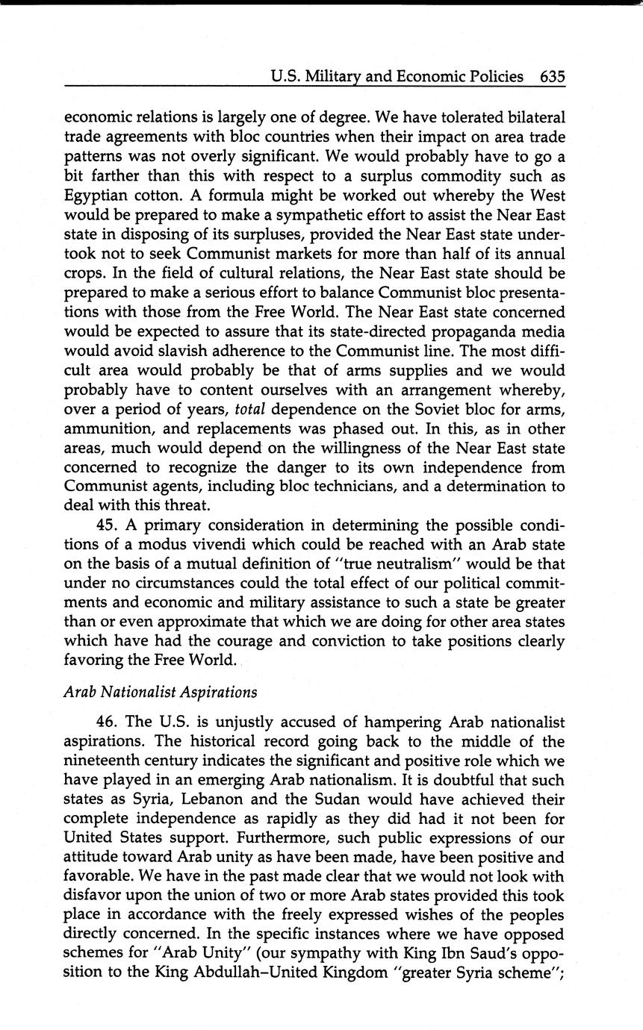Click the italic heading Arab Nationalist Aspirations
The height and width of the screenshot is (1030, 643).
pos(161,692)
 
